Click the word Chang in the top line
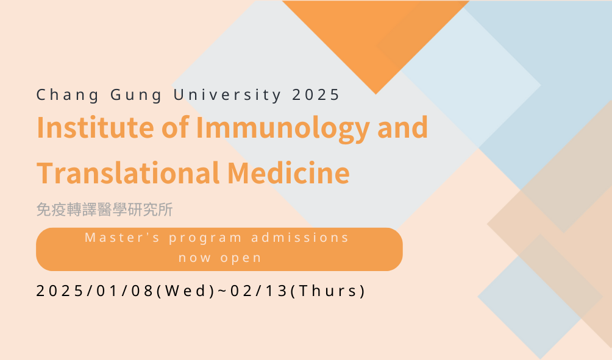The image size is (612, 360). [x=68, y=95]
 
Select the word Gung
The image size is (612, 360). [x=136, y=95]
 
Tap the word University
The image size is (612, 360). [x=227, y=95]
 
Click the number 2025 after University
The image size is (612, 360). [x=316, y=95]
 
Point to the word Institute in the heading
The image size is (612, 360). [x=95, y=127]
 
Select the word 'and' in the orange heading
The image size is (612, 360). [x=402, y=127]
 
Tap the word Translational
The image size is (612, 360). [x=128, y=172]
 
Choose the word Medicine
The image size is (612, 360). [x=288, y=172]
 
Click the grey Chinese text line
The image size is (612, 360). [x=105, y=210]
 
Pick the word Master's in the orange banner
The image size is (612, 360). [x=122, y=238]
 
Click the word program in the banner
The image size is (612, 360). [x=205, y=239]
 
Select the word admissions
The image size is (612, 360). [x=300, y=238]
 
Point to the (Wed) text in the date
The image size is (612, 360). [x=185, y=291]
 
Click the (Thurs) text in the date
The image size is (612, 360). [x=328, y=291]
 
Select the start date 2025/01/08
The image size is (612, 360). [x=95, y=291]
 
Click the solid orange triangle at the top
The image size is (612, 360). [x=375, y=37]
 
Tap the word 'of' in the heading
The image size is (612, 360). [x=175, y=127]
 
